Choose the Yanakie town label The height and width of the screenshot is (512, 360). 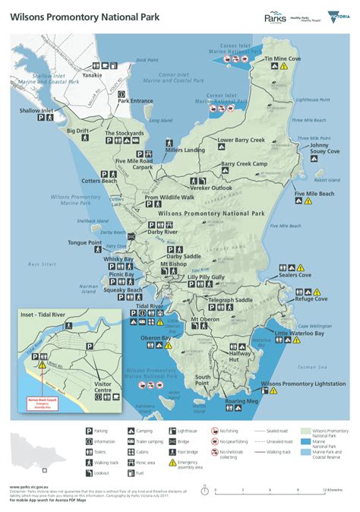93,75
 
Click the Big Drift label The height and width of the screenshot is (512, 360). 78,131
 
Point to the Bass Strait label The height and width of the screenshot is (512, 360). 43,264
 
